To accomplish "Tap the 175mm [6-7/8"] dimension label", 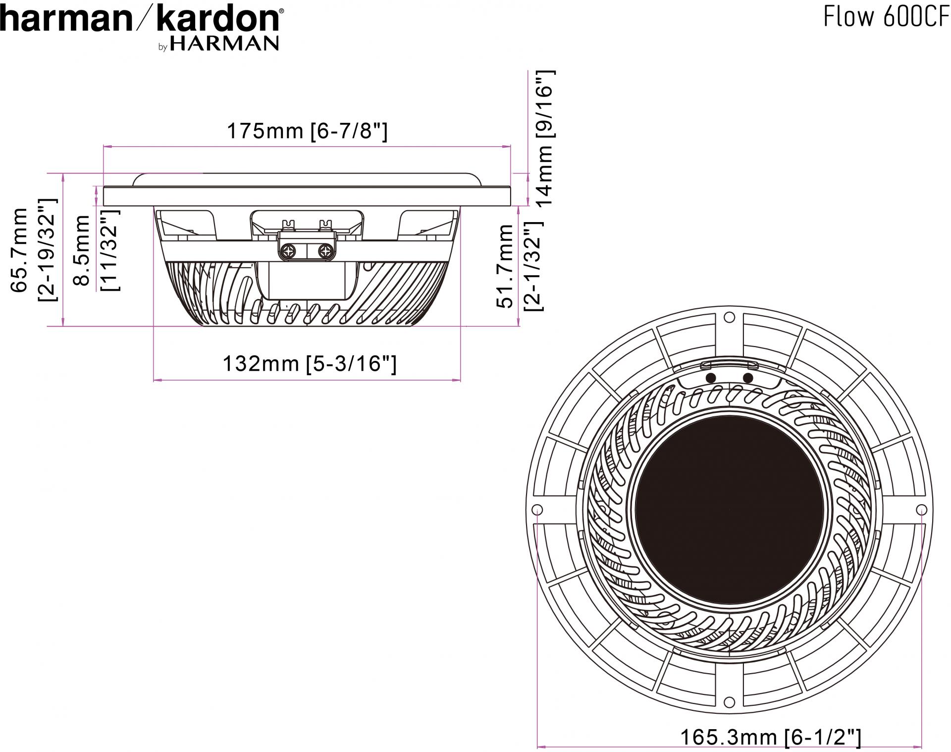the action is (x=307, y=131).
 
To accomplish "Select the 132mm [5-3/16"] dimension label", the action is (x=310, y=364).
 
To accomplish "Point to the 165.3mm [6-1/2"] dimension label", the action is (x=771, y=737).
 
